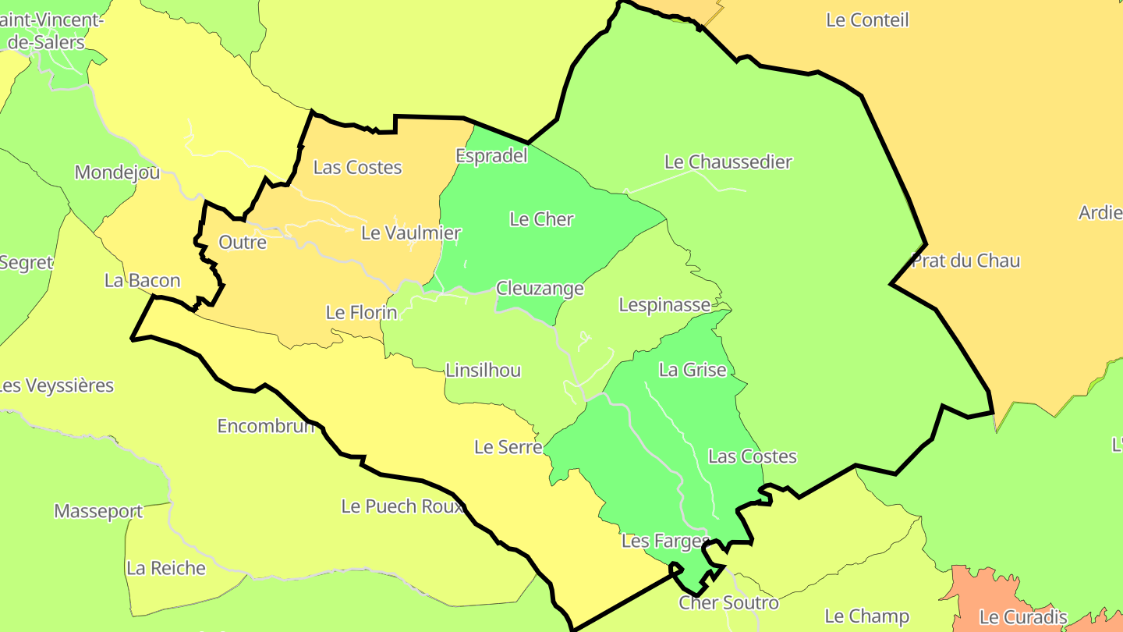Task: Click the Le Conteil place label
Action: coord(867,20)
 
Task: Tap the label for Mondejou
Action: coord(117,172)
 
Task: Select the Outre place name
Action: coord(243,243)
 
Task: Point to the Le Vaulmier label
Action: coord(411,233)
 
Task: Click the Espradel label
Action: coord(491,156)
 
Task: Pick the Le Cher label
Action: coord(541,220)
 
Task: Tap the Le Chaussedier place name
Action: coord(728,162)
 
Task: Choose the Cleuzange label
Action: coord(540,289)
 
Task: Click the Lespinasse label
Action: coord(664,305)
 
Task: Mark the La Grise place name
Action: coord(693,371)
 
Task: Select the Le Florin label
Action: coord(361,314)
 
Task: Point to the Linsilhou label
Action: coord(483,371)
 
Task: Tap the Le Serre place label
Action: coord(508,448)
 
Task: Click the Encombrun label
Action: coord(266,427)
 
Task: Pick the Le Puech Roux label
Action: coord(402,506)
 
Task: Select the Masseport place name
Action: coord(98,512)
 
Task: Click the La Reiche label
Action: coord(166,568)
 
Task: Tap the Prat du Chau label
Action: coord(965,261)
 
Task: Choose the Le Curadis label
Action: coord(1022,617)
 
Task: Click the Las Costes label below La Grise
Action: coord(752,456)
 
